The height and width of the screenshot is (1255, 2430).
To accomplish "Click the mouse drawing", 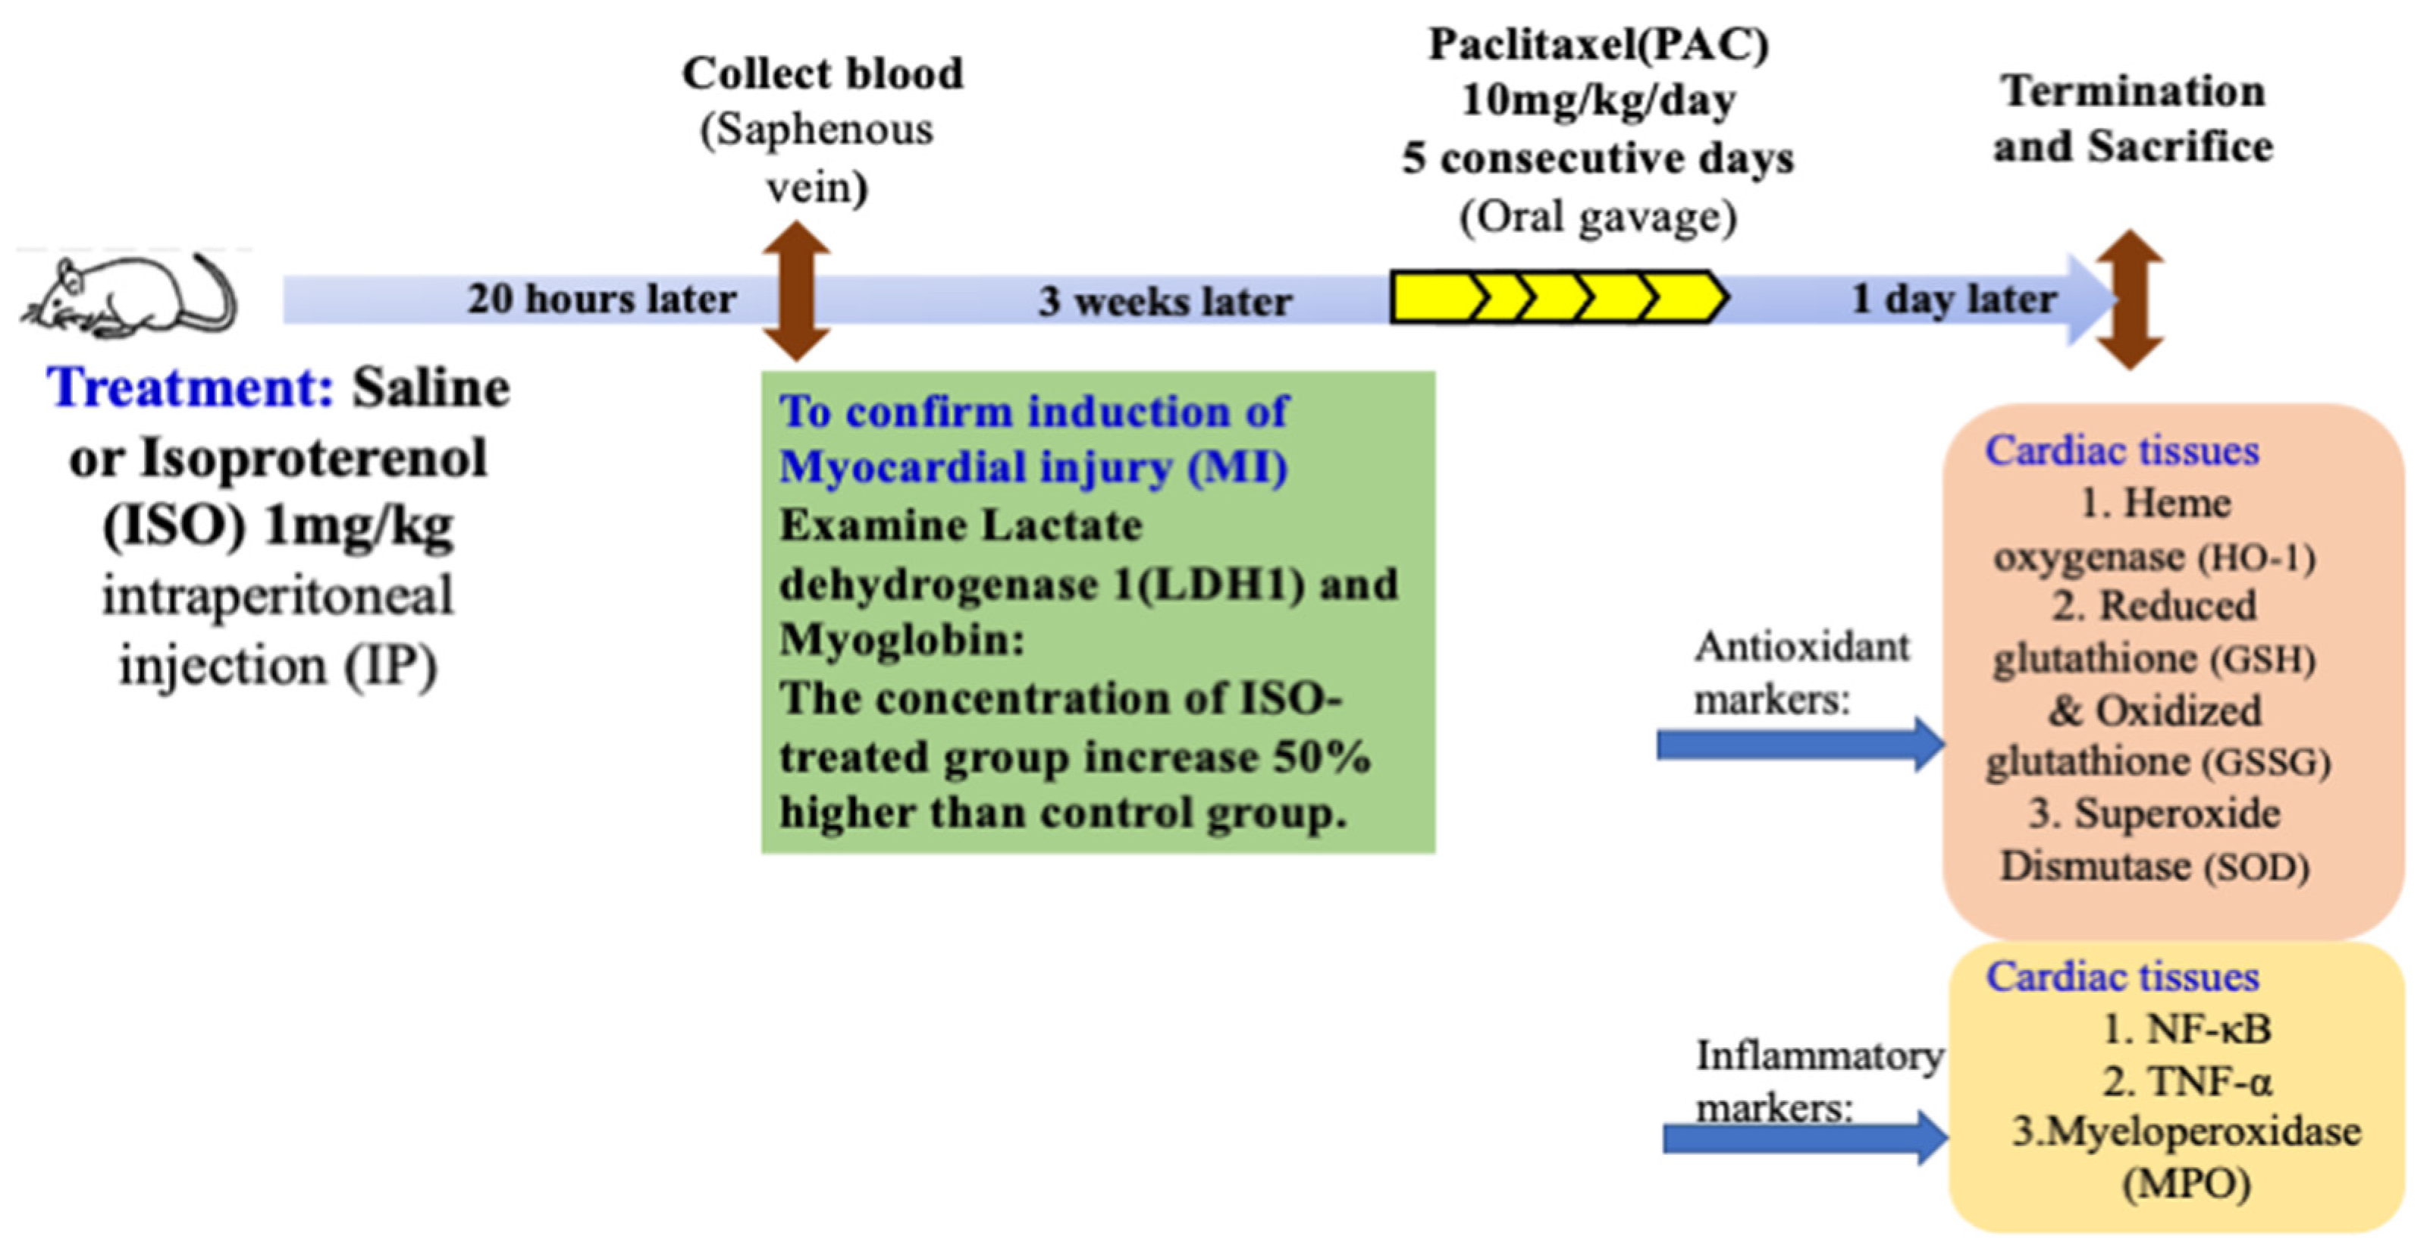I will (x=127, y=297).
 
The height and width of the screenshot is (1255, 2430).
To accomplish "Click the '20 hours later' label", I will (x=602, y=300).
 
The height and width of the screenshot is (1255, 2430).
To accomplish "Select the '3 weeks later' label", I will (x=1165, y=302).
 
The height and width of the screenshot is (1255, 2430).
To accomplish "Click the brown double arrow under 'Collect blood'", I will (x=797, y=292).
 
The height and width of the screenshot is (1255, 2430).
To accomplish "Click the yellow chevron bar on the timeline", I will (x=1557, y=297).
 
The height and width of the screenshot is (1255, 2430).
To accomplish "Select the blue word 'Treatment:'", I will (x=190, y=387).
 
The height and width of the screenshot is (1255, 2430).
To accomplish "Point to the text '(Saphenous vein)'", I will (x=817, y=158).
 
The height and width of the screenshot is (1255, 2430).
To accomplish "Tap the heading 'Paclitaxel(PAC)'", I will (x=1598, y=44).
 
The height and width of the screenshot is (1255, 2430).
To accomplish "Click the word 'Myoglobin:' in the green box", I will (x=901, y=641).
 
